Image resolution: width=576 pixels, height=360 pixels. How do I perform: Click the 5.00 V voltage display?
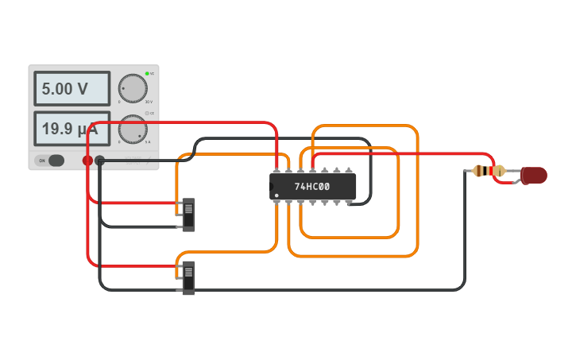[x=72, y=88]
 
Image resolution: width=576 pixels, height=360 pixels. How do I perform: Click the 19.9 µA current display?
[x=72, y=129]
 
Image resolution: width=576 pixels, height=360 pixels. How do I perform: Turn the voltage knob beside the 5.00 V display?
[x=133, y=88]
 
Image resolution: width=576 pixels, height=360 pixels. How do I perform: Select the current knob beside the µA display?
[x=133, y=129]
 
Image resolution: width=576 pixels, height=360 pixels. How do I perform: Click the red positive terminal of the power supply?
[x=87, y=161]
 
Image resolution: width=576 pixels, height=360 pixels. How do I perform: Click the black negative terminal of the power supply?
[x=100, y=161]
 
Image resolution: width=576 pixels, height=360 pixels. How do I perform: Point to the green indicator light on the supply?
[x=147, y=74]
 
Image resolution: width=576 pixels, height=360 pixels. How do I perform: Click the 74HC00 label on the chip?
[x=312, y=187]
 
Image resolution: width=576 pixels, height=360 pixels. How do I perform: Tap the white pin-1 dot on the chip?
[x=276, y=195]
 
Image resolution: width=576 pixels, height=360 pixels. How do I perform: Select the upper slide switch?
[x=188, y=215]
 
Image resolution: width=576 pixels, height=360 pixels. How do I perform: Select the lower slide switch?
[x=188, y=278]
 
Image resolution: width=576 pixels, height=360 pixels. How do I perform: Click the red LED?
[x=535, y=175]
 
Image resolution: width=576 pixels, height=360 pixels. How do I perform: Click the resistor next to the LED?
[x=488, y=171]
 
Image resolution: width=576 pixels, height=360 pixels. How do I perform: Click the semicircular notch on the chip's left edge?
[x=272, y=187]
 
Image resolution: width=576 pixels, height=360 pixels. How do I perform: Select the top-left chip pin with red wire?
[x=276, y=171]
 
